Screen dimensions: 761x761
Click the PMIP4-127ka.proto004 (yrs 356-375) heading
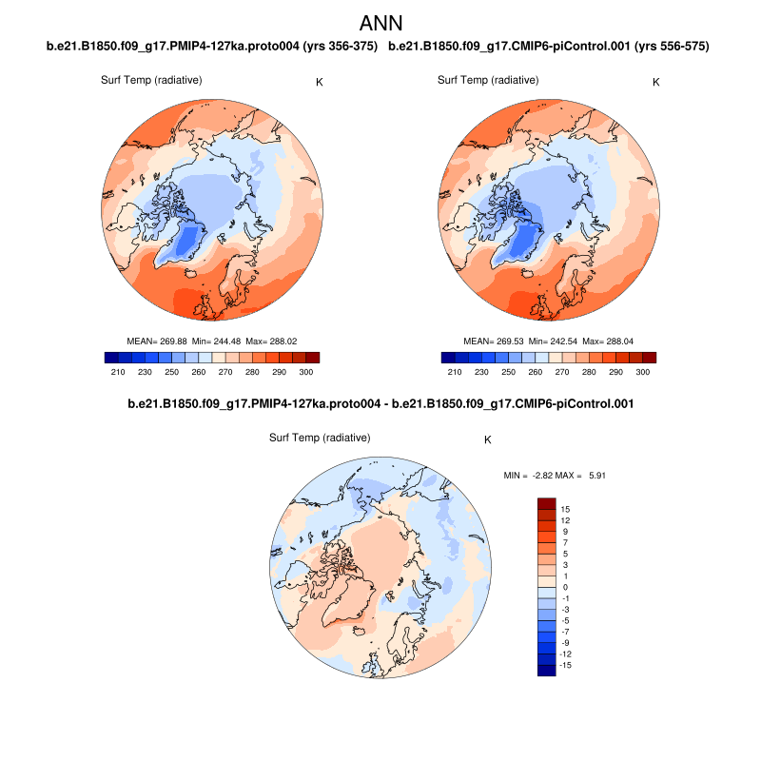(212, 46)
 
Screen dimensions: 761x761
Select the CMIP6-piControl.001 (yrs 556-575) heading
(550, 46)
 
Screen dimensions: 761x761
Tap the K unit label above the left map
(319, 83)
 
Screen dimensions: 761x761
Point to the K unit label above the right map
(655, 83)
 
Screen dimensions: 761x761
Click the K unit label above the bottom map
(488, 440)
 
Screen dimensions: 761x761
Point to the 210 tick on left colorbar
(119, 371)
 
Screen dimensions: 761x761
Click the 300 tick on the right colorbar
(643, 371)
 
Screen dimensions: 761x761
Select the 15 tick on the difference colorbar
(565, 510)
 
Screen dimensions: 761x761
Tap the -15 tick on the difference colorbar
(564, 665)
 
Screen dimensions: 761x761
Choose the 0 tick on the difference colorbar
(565, 588)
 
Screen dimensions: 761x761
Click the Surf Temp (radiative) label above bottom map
(320, 438)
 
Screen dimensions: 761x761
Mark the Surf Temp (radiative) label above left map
(151, 80)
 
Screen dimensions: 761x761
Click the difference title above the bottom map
(380, 404)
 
